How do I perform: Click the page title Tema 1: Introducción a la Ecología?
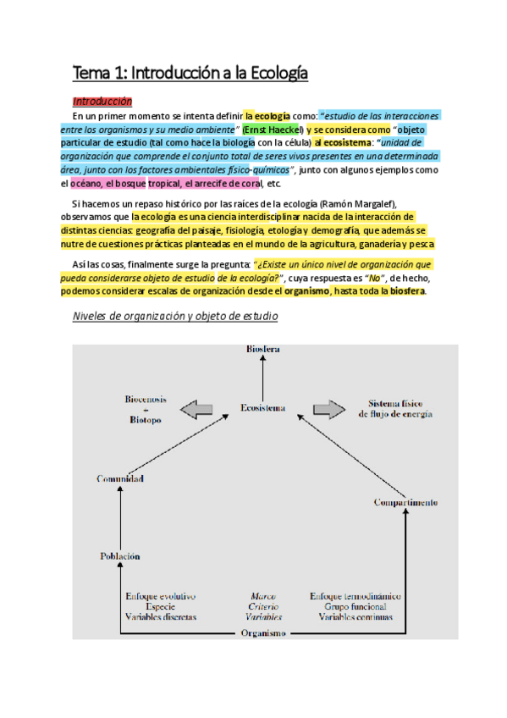[190, 74]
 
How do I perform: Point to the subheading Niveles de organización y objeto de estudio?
[175, 316]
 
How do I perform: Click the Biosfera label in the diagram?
[262, 349]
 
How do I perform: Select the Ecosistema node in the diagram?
[262, 408]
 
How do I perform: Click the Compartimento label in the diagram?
[405, 503]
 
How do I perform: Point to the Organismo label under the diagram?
[262, 632]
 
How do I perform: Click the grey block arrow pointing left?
[197, 410]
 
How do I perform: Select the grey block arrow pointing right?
[328, 410]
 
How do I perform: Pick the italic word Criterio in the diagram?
[263, 606]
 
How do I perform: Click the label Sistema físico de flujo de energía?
[395, 408]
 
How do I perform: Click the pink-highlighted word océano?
[87, 184]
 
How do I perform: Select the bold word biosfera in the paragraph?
[407, 291]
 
